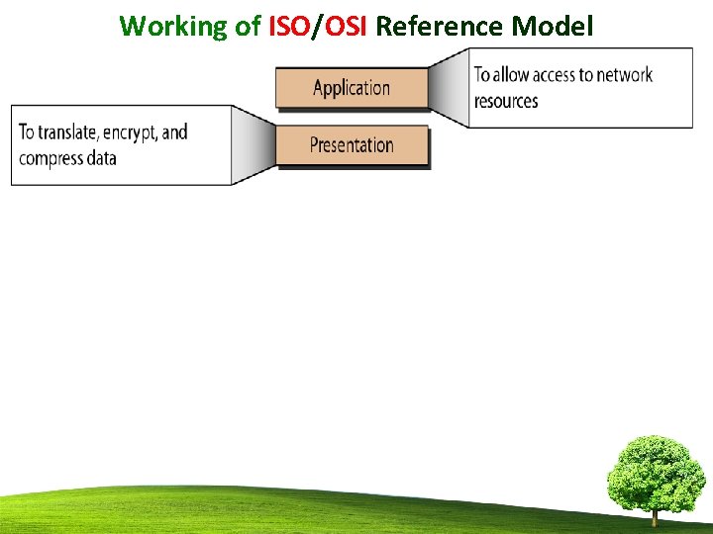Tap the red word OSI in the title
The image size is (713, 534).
(x=346, y=26)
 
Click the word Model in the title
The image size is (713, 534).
(x=553, y=26)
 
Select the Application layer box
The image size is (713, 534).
(x=352, y=87)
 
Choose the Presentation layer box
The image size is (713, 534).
(x=352, y=145)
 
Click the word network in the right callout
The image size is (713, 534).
(x=624, y=75)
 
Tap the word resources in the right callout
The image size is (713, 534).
(x=506, y=101)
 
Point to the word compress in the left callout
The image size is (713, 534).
(x=53, y=158)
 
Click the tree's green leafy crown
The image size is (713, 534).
(x=655, y=473)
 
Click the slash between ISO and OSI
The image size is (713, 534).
(x=317, y=27)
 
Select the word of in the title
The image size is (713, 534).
(x=248, y=26)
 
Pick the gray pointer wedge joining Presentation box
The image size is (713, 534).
(x=254, y=145)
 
